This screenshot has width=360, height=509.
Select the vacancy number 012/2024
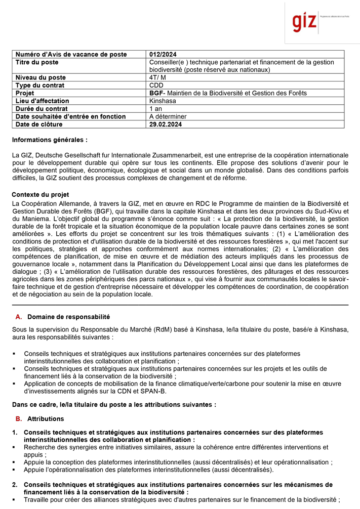tap(163, 54)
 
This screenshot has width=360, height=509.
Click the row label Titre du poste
tap(37, 62)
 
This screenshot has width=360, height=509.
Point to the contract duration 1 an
tap(155, 109)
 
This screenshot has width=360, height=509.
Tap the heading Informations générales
tap(50, 140)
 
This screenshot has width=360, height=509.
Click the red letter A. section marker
tap(19, 317)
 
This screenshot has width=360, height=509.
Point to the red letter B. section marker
tap(19, 419)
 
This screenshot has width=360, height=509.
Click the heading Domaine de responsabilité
tap(68, 317)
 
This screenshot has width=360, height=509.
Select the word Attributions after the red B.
tap(46, 419)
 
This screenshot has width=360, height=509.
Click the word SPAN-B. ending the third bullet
tap(154, 391)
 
